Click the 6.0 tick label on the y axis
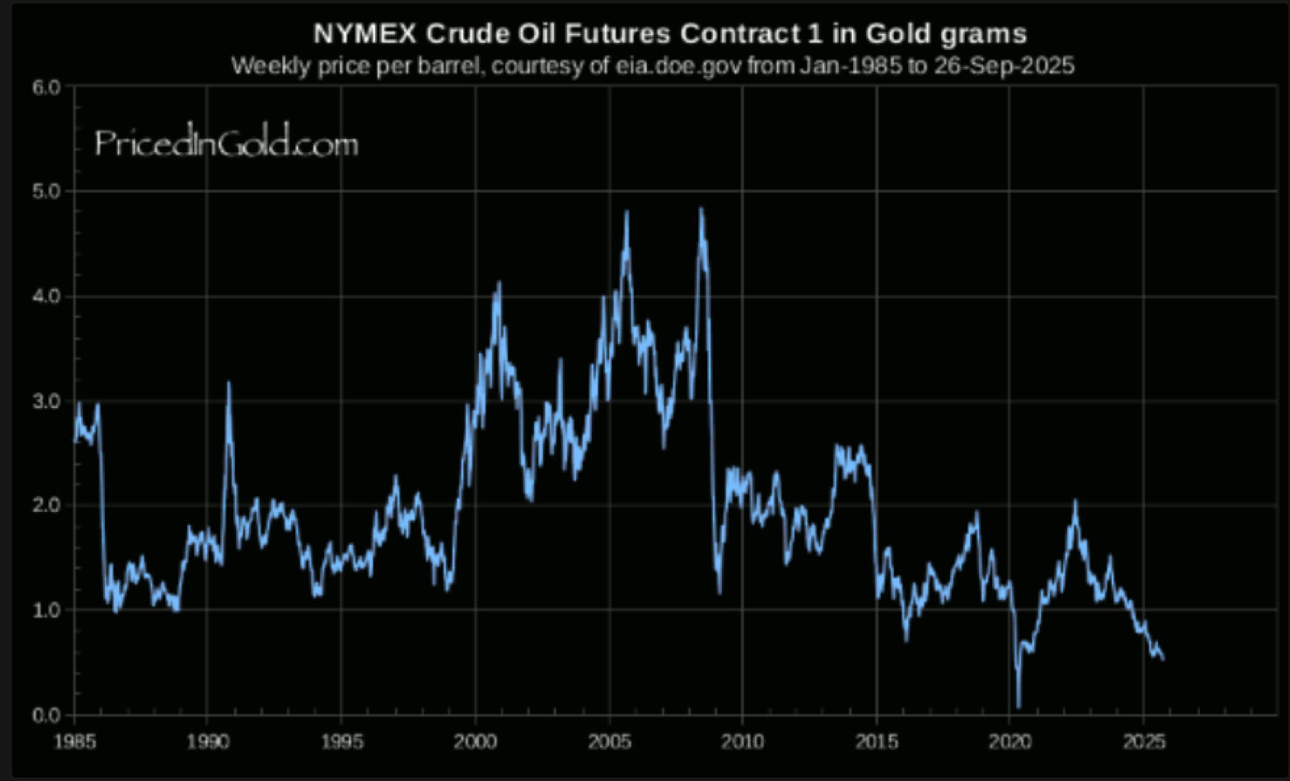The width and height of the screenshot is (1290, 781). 46,86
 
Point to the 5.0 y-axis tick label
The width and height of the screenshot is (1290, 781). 46,191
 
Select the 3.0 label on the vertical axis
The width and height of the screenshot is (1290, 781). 46,401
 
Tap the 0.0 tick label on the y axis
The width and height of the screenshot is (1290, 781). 46,715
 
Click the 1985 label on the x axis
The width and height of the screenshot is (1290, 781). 74,742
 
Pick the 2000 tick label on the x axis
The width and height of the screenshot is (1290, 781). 475,742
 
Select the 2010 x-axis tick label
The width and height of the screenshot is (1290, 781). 742,742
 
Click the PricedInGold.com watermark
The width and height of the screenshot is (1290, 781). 226,143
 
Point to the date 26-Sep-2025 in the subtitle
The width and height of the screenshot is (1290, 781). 1003,66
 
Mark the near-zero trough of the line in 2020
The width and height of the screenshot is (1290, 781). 1018,706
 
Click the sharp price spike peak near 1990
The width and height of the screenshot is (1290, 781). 229,383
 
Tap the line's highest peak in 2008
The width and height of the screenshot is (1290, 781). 701,209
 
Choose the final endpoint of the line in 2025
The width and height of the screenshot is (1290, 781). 1162,660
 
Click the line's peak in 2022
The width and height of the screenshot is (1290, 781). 1075,501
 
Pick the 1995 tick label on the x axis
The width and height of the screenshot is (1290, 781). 342,742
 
